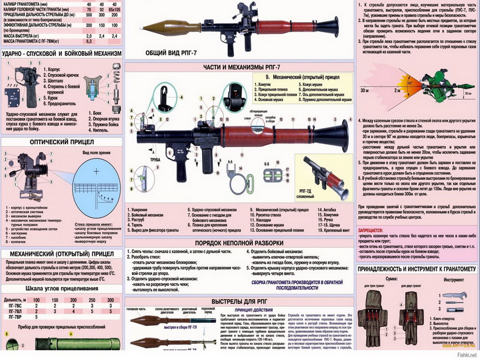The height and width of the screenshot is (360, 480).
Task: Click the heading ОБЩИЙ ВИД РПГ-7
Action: (173, 53)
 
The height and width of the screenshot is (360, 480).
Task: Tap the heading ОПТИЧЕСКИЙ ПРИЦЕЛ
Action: (62, 143)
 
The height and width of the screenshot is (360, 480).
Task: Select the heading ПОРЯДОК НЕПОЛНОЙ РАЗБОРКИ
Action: (239, 242)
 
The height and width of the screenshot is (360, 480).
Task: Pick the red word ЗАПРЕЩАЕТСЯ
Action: (373, 228)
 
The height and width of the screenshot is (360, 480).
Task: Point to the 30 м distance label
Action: (364, 90)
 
